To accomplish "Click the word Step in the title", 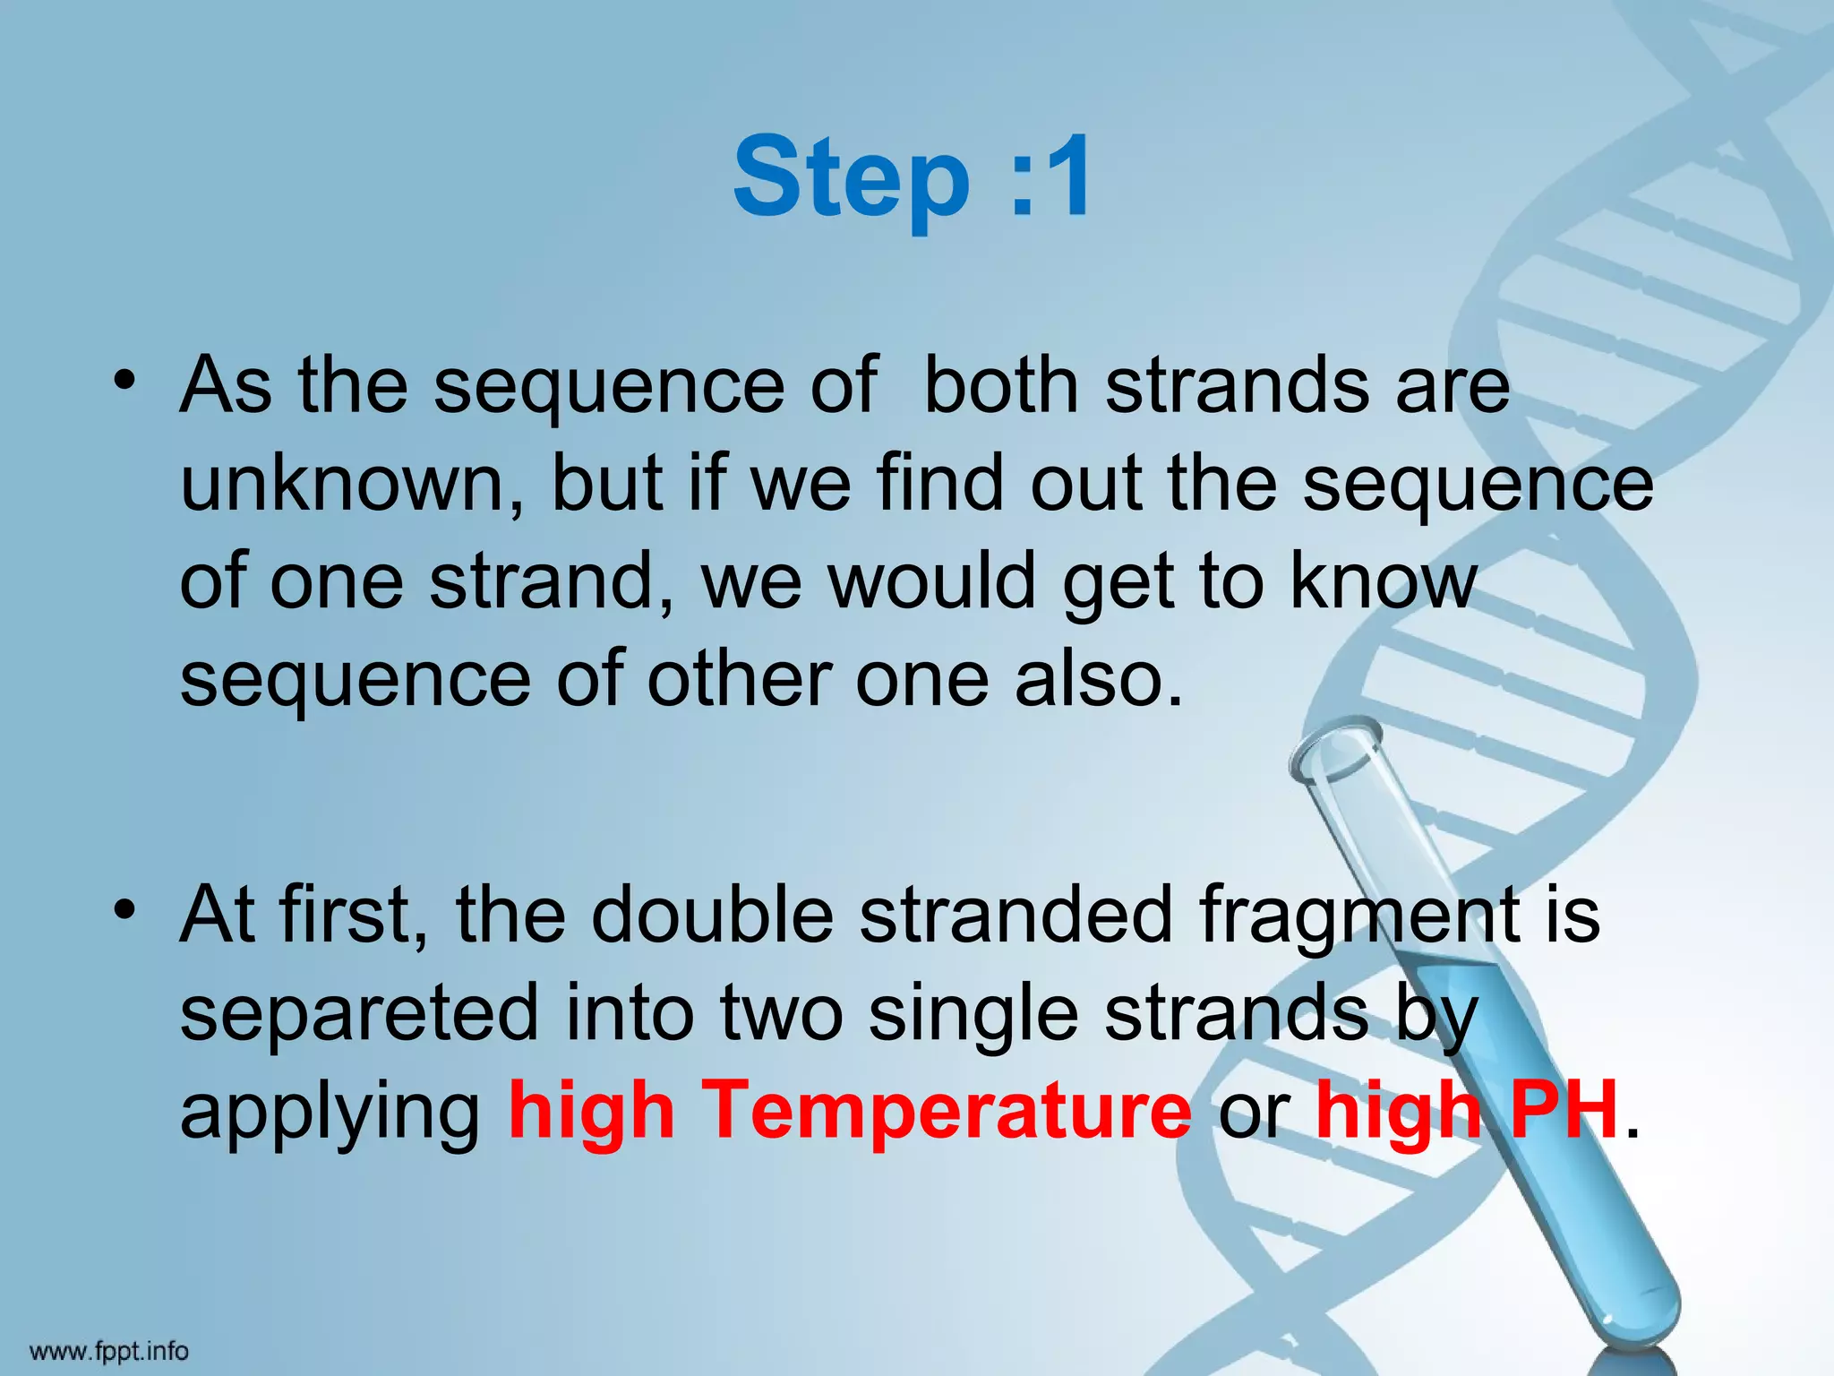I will (x=851, y=177).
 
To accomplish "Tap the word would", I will (x=931, y=582).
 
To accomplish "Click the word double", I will (x=712, y=915).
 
